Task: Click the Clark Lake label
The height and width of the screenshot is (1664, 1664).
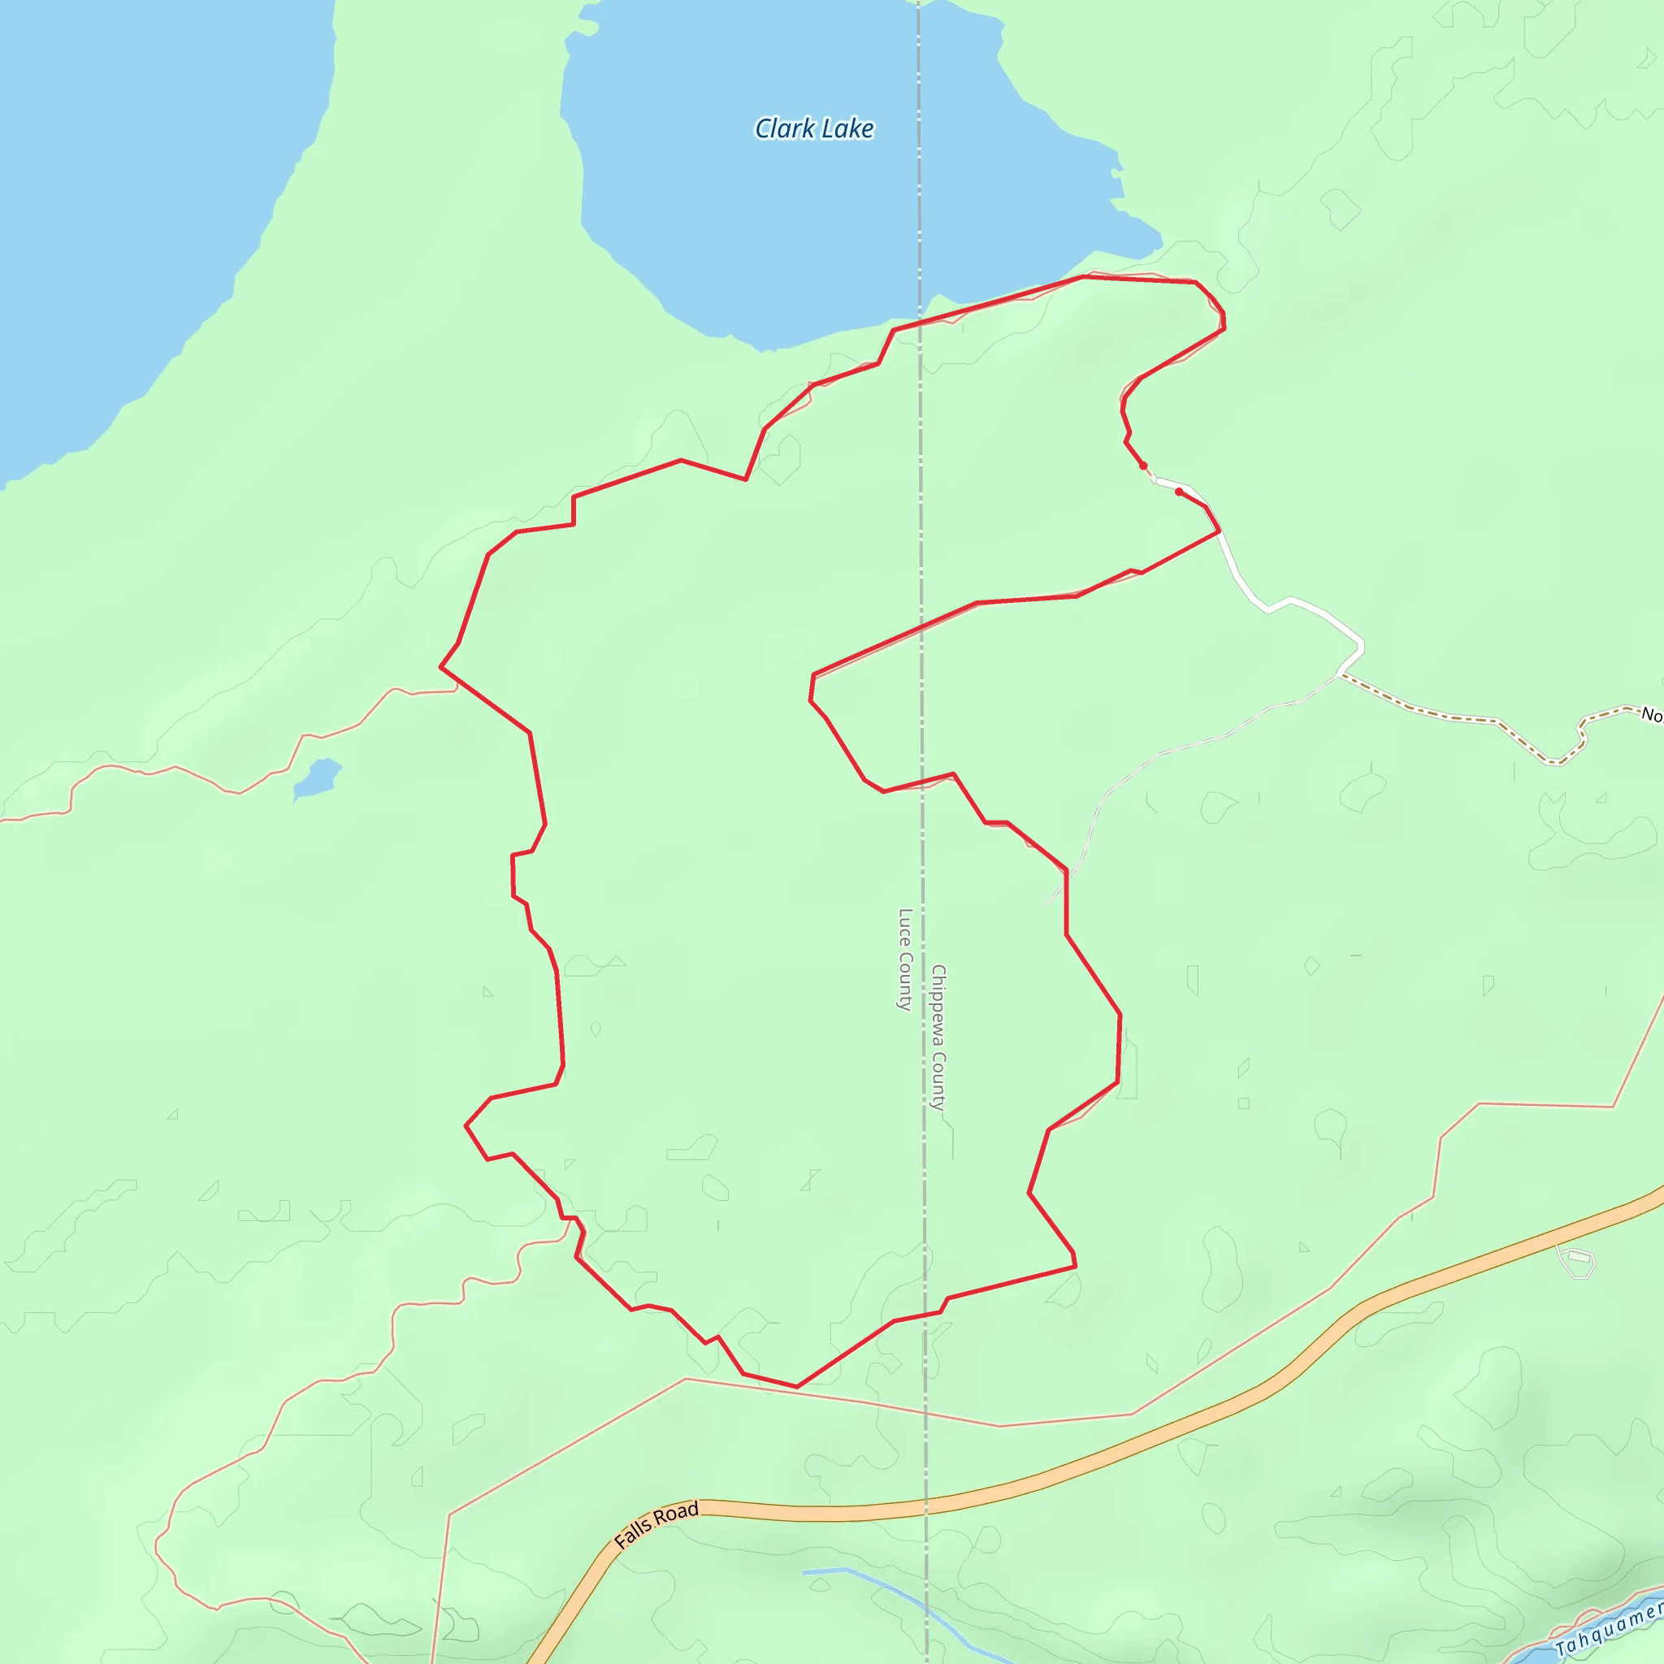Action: point(814,128)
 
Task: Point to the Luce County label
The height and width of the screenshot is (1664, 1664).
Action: point(904,960)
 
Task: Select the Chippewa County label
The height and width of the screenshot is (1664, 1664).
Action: point(938,1038)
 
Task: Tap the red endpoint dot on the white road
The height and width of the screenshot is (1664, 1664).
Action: point(1179,492)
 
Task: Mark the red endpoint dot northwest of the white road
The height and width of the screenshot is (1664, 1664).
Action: point(1144,466)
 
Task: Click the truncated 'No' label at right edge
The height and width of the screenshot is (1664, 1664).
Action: point(1651,714)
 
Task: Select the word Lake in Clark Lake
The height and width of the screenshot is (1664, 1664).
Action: point(847,128)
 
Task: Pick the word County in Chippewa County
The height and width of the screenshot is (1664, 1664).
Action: point(938,1081)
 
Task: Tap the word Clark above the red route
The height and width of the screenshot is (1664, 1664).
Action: point(785,128)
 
